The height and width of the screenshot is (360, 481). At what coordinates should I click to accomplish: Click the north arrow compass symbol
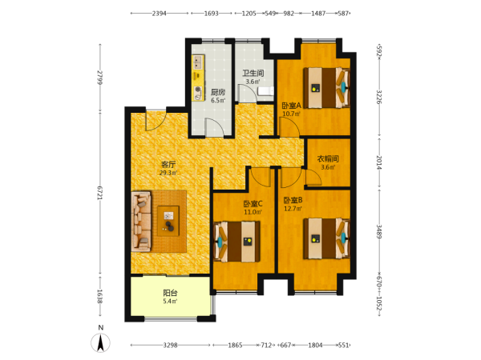(x=100, y=343)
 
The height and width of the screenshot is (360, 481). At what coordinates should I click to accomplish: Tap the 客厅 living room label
(x=168, y=165)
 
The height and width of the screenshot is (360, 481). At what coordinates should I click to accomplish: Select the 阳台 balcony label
(x=170, y=293)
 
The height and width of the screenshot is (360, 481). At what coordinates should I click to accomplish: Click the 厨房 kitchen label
(x=218, y=92)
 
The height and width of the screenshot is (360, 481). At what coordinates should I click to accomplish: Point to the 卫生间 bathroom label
(x=253, y=73)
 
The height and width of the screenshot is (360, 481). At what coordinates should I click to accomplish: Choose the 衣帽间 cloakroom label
(x=328, y=159)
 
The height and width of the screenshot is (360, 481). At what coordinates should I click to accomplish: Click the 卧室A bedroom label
(x=292, y=106)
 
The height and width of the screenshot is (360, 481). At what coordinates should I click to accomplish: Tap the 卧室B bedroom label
(x=293, y=200)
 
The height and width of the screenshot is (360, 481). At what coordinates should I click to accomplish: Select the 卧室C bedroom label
(x=253, y=203)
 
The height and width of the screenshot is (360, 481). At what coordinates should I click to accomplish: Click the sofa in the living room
(x=141, y=222)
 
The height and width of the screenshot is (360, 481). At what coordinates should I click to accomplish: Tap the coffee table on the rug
(x=168, y=221)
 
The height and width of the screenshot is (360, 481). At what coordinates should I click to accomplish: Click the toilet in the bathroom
(x=265, y=91)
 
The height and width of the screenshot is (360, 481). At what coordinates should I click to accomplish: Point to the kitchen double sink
(x=198, y=62)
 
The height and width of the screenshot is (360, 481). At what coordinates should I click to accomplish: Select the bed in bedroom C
(x=236, y=242)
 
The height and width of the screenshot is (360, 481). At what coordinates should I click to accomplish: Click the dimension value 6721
(x=99, y=193)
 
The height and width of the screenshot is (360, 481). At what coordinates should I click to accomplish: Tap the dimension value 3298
(x=170, y=345)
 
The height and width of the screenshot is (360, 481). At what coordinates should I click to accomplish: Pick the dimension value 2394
(x=160, y=14)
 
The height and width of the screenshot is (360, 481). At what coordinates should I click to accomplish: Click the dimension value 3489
(x=379, y=232)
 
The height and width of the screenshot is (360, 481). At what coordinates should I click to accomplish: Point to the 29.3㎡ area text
(x=168, y=173)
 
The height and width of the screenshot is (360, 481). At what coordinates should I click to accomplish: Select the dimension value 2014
(x=379, y=162)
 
